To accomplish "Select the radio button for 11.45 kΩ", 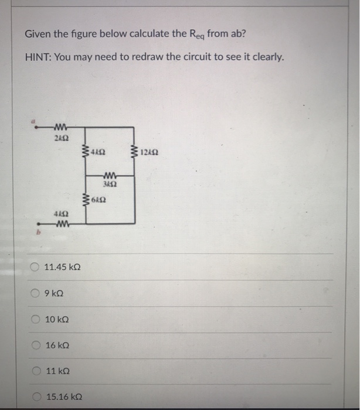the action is [x=35, y=268].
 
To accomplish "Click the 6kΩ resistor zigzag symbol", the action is [x=87, y=201].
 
